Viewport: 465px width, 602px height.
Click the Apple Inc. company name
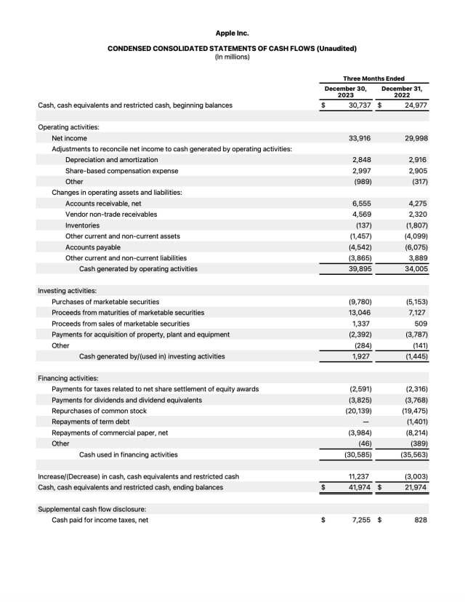[232, 33]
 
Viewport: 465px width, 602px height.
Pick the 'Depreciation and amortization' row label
[112, 160]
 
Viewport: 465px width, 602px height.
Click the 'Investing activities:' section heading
[67, 291]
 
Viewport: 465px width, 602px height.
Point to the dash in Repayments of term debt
[365, 422]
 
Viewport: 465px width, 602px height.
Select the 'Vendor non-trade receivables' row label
[111, 214]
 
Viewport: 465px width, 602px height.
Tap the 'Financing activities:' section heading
[68, 378]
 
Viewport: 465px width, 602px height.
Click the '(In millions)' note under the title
[232, 57]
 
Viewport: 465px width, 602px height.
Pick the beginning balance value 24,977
[415, 105]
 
